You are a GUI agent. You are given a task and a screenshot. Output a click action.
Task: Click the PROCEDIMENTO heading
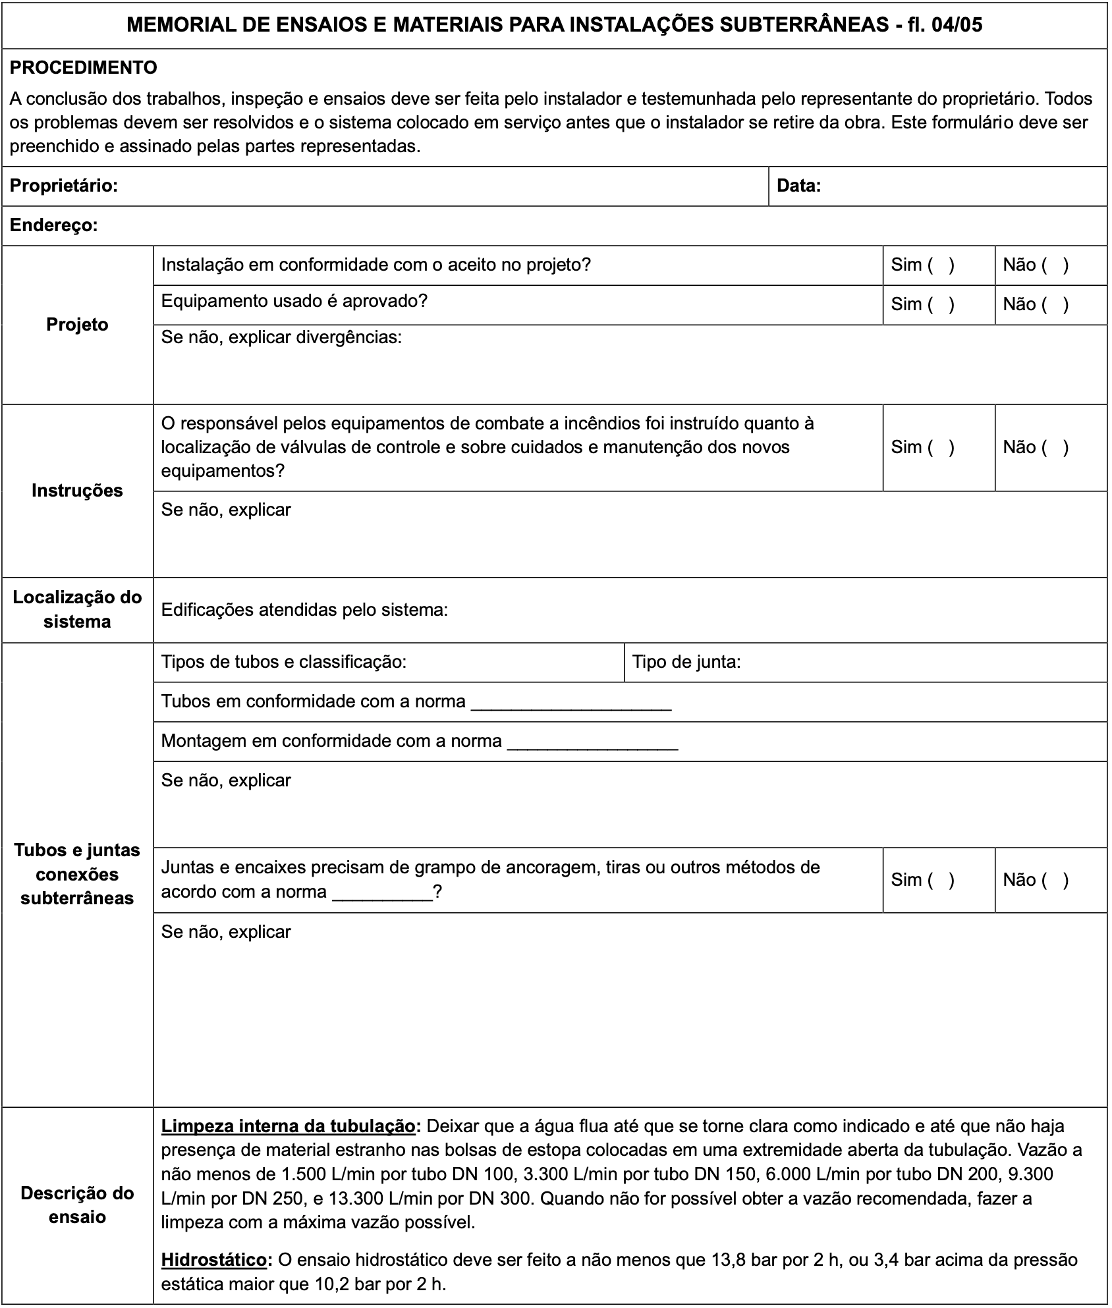coord(84,68)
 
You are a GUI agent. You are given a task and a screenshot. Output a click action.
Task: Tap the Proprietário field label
coord(64,186)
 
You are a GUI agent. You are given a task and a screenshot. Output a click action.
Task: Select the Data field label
coord(799,186)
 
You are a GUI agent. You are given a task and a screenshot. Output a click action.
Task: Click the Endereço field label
coord(54,226)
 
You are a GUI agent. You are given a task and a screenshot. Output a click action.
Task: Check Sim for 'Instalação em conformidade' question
coord(941,265)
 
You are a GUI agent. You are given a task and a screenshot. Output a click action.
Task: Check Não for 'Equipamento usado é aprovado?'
coord(1055,304)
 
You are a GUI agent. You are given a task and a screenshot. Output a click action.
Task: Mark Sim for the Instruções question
coord(941,448)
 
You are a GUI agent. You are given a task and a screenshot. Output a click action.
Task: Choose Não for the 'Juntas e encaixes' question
coord(1055,880)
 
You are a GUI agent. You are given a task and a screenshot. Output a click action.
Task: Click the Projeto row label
coord(77,325)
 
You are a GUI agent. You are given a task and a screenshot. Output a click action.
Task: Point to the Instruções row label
coord(77,491)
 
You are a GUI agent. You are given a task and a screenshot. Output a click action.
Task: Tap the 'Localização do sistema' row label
coord(77,610)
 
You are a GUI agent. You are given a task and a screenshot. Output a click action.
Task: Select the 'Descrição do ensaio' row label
coord(77,1205)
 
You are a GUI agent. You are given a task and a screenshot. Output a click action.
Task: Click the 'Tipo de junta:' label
coord(686,662)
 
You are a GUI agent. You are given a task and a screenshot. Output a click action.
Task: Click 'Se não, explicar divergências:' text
coord(281,338)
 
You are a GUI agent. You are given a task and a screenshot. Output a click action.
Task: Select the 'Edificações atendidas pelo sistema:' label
coord(304,610)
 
